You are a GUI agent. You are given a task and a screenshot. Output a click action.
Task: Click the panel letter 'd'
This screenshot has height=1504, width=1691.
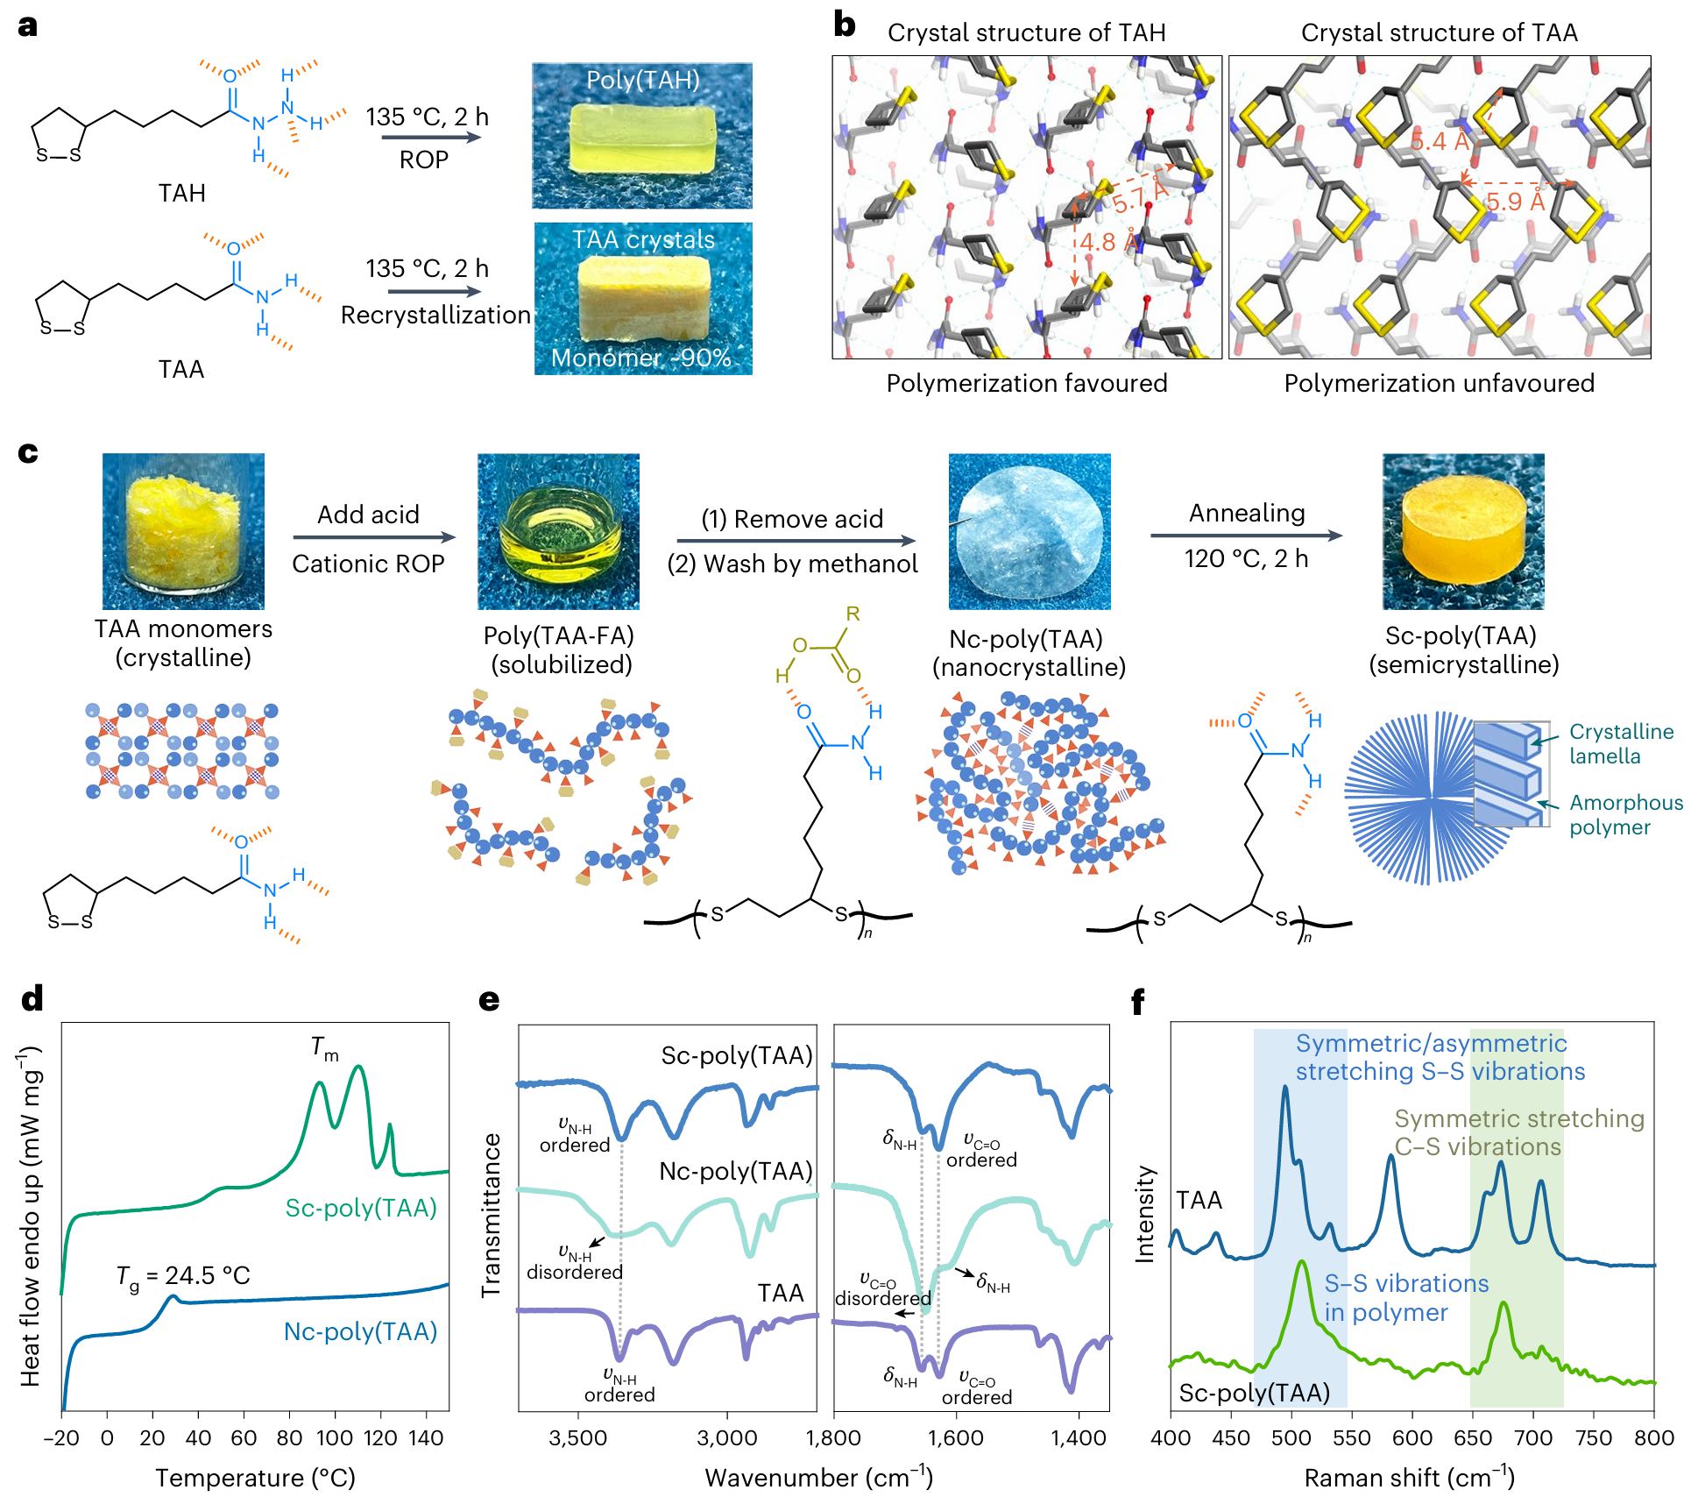[x=32, y=998]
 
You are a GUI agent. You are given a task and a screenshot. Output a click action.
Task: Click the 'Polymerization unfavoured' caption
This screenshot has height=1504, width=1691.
[x=1439, y=383]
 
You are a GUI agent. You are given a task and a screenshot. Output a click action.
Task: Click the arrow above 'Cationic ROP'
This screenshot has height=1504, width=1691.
[x=374, y=537]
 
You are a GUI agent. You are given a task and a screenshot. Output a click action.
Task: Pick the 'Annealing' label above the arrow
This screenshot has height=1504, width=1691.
[x=1246, y=513]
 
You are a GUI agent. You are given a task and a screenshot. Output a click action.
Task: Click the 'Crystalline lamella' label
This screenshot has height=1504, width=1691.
[x=1620, y=743]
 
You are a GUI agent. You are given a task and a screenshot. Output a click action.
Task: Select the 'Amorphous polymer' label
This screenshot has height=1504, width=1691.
[x=1625, y=814]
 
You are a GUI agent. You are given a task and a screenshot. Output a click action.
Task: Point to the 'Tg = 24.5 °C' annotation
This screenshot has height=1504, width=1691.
[x=183, y=1275]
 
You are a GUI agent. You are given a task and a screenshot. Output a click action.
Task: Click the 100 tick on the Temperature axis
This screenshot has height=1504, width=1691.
[x=335, y=1437]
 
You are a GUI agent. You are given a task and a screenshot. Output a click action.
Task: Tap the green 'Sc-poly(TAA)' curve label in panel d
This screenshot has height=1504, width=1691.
[x=361, y=1208]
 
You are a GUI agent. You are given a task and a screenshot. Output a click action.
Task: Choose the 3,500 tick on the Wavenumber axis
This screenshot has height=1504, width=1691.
[x=578, y=1437]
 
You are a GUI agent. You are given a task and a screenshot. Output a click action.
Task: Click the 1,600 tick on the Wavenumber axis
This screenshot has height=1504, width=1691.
[x=956, y=1437]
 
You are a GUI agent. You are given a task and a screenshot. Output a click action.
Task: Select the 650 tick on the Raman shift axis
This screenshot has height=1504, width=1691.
[x=1472, y=1437]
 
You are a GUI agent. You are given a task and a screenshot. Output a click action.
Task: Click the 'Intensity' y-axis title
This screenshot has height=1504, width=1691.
[x=1145, y=1213]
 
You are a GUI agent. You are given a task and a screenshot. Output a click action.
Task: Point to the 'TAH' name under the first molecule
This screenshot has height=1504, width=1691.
[x=181, y=193]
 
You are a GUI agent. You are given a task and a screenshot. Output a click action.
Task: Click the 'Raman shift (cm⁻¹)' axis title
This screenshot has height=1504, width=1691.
[x=1409, y=1478]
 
